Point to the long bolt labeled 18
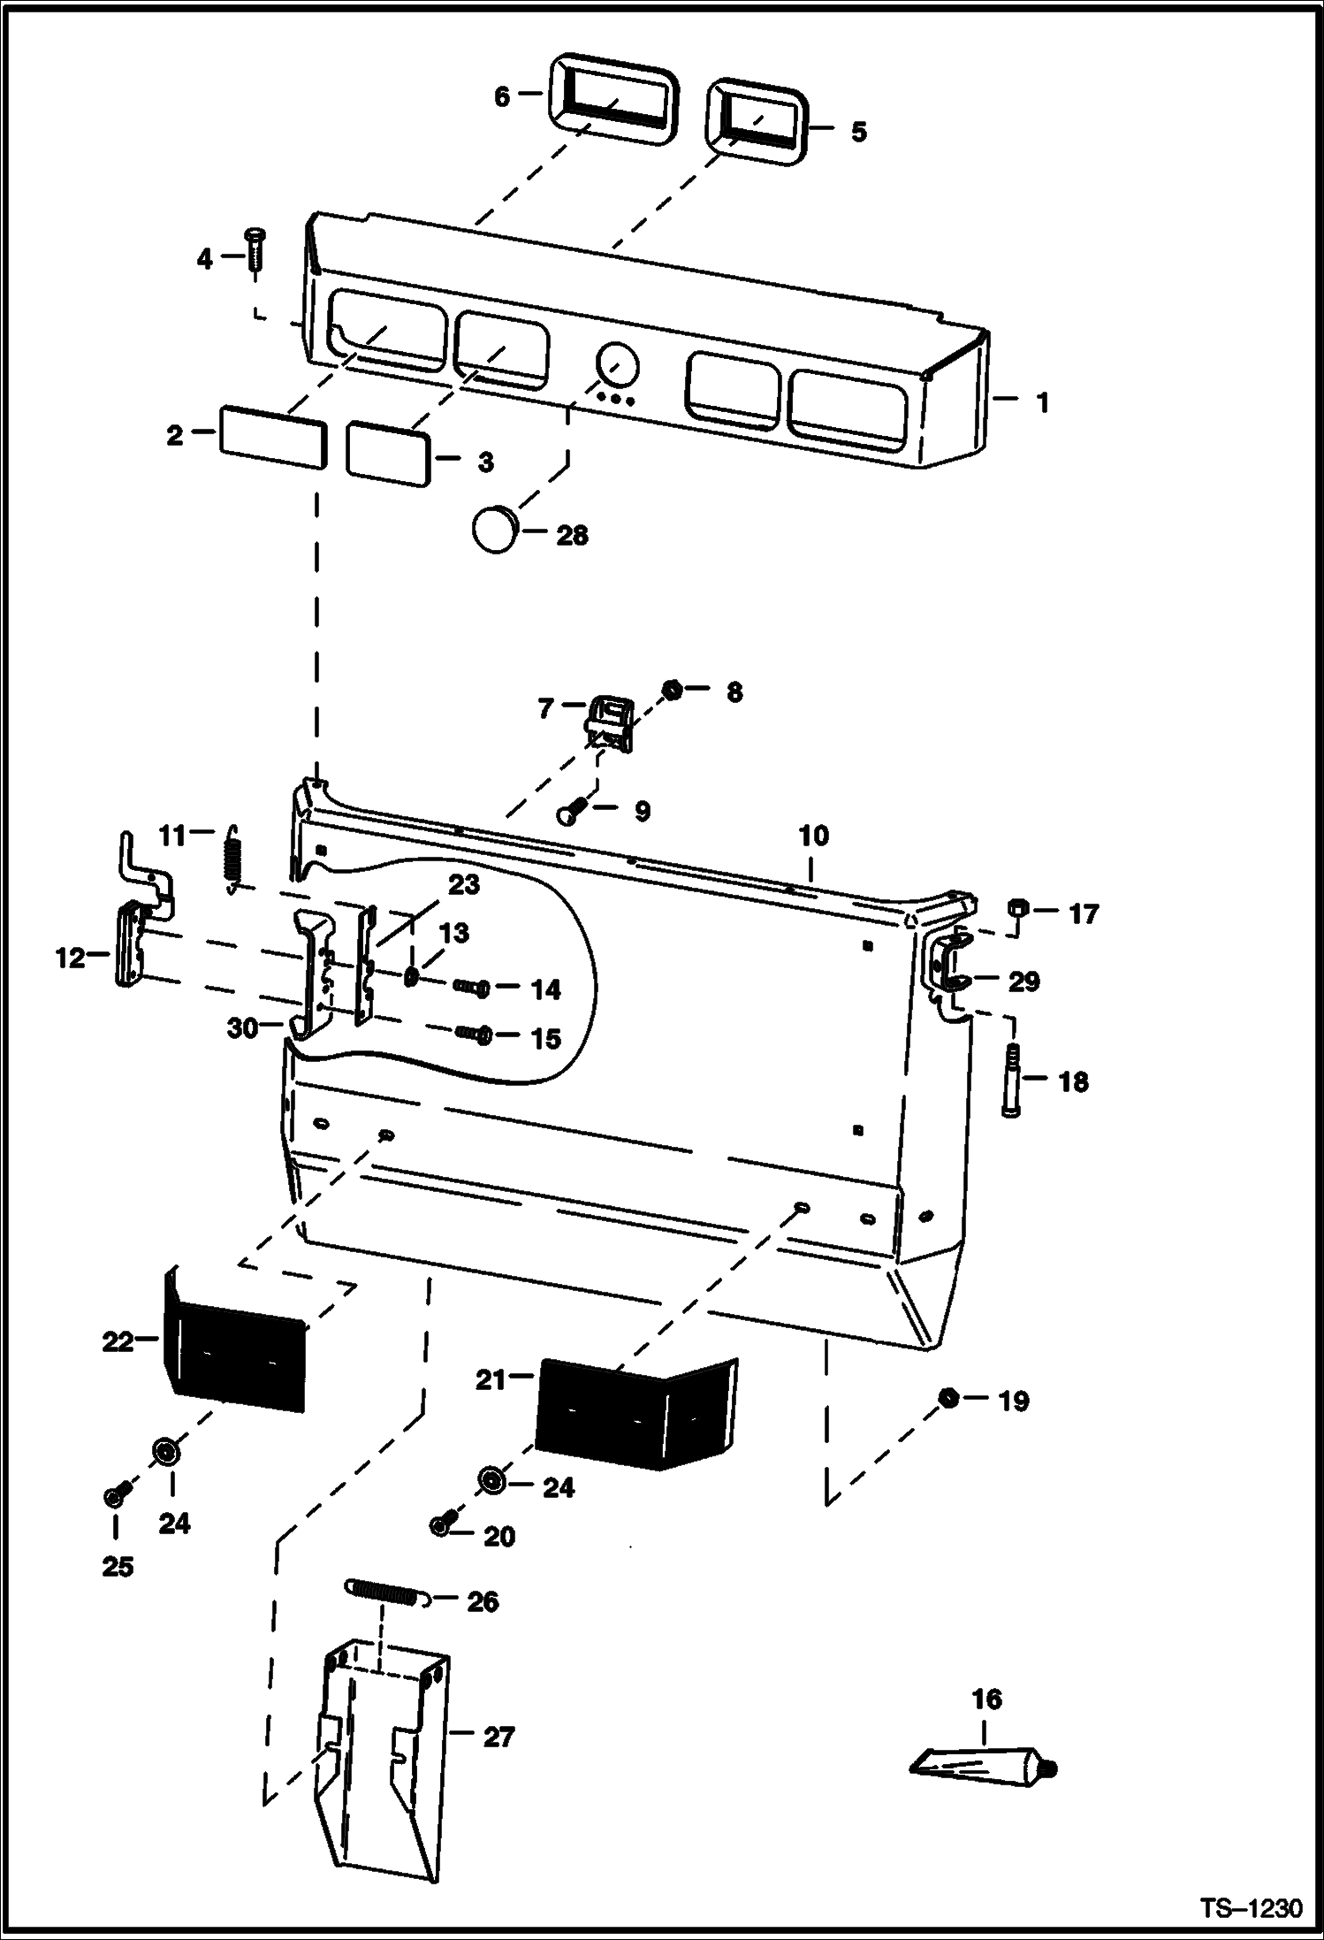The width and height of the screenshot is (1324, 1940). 1013,1081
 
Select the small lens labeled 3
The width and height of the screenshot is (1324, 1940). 388,453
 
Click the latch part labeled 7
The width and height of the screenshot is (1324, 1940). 610,724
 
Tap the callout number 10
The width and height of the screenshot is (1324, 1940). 813,835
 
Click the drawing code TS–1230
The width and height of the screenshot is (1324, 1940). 1251,1908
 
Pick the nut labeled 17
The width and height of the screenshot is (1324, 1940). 1018,909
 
